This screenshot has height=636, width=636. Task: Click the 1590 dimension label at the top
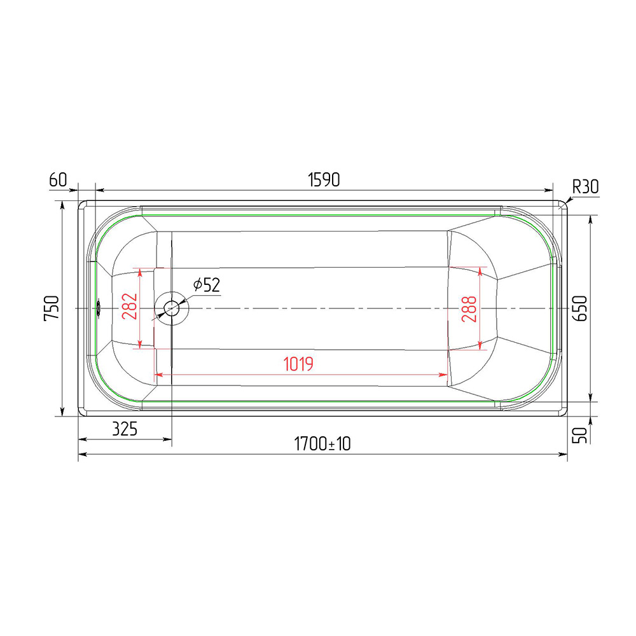[324, 180]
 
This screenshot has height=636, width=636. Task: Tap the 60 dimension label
[58, 179]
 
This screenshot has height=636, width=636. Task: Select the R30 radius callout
[585, 187]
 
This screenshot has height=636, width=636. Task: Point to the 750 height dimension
[52, 308]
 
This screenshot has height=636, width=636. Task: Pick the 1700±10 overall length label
[322, 444]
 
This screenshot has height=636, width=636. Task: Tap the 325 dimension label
[125, 429]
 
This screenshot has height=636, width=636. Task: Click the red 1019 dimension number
[298, 364]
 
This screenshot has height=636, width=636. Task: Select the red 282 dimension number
[130, 307]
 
